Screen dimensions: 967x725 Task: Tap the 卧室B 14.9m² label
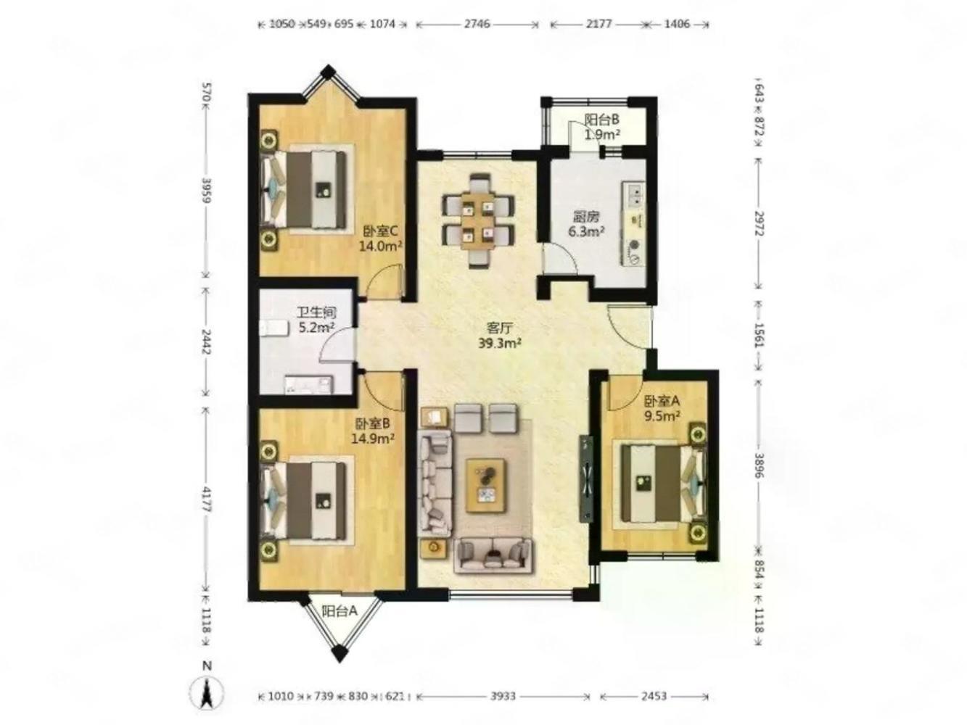point(372,430)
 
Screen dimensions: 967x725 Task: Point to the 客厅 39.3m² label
point(500,335)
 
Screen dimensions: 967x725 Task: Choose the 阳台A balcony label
point(339,611)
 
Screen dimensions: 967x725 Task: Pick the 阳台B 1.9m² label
point(602,126)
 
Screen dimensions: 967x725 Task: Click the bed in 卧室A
point(660,484)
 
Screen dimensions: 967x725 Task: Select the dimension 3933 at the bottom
point(503,696)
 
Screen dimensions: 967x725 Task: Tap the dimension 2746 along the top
point(477,23)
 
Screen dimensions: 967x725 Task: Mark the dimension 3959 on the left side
point(206,190)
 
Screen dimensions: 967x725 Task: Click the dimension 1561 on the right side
point(758,336)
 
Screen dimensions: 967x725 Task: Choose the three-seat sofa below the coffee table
point(493,555)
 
